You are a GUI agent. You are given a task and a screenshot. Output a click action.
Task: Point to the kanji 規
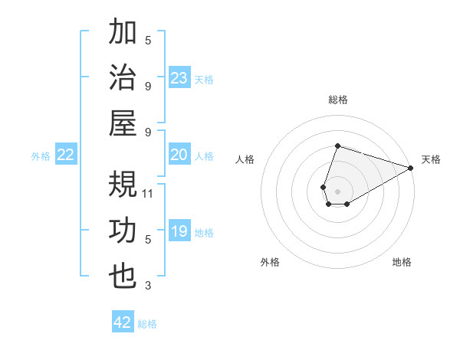click(123, 185)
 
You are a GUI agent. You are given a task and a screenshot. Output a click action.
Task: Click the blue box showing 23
click(179, 78)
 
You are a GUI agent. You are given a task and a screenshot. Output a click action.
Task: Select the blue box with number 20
click(179, 155)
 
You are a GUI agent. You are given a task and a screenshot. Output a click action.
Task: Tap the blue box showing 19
click(179, 232)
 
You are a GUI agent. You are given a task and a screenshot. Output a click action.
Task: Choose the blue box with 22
click(66, 155)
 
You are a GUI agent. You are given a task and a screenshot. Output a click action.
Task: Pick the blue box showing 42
click(123, 322)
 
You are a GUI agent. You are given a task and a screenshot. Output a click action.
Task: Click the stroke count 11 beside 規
click(149, 193)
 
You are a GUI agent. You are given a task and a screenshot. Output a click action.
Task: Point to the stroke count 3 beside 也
click(148, 286)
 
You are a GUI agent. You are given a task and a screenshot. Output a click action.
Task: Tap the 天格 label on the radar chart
click(431, 159)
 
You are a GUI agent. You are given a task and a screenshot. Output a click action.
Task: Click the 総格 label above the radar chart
click(337, 100)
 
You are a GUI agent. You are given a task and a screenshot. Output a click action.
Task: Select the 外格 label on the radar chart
click(270, 263)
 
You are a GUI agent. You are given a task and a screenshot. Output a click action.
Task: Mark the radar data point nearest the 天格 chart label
click(412, 169)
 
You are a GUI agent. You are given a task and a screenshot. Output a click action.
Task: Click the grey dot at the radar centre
click(337, 190)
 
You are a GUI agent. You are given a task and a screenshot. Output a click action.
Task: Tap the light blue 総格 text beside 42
click(147, 324)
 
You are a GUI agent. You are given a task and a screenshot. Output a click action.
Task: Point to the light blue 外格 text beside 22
click(41, 156)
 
